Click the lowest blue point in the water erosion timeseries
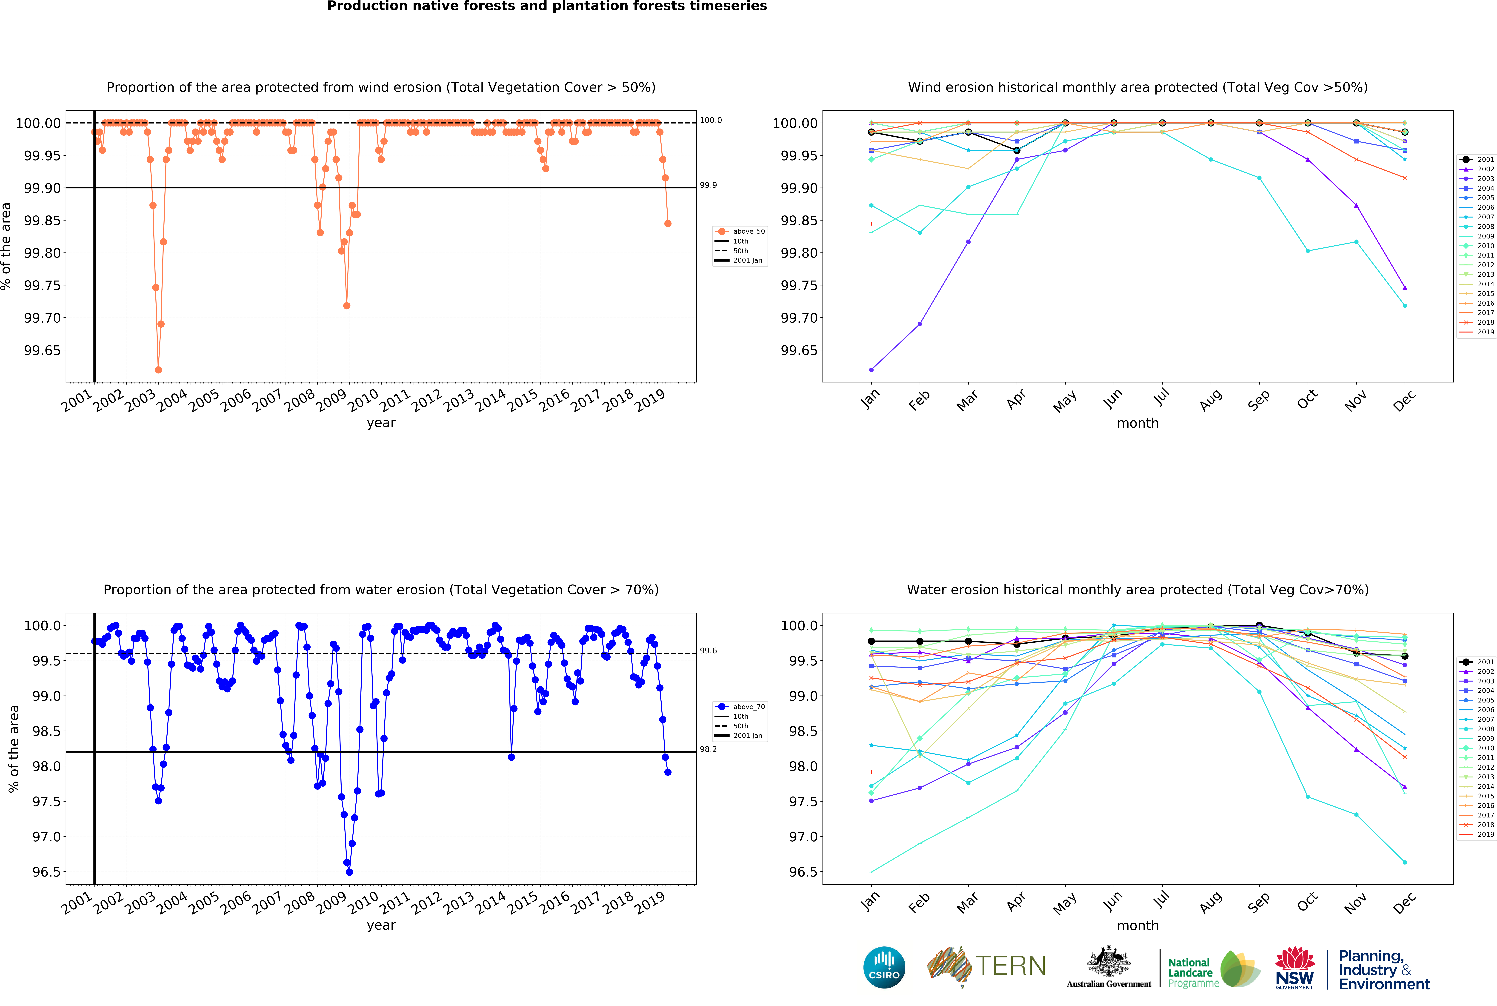point(350,872)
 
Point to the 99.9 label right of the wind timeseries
point(708,185)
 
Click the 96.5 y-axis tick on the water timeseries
point(47,872)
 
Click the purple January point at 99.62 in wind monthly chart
point(871,370)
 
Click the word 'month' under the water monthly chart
point(1137,925)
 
